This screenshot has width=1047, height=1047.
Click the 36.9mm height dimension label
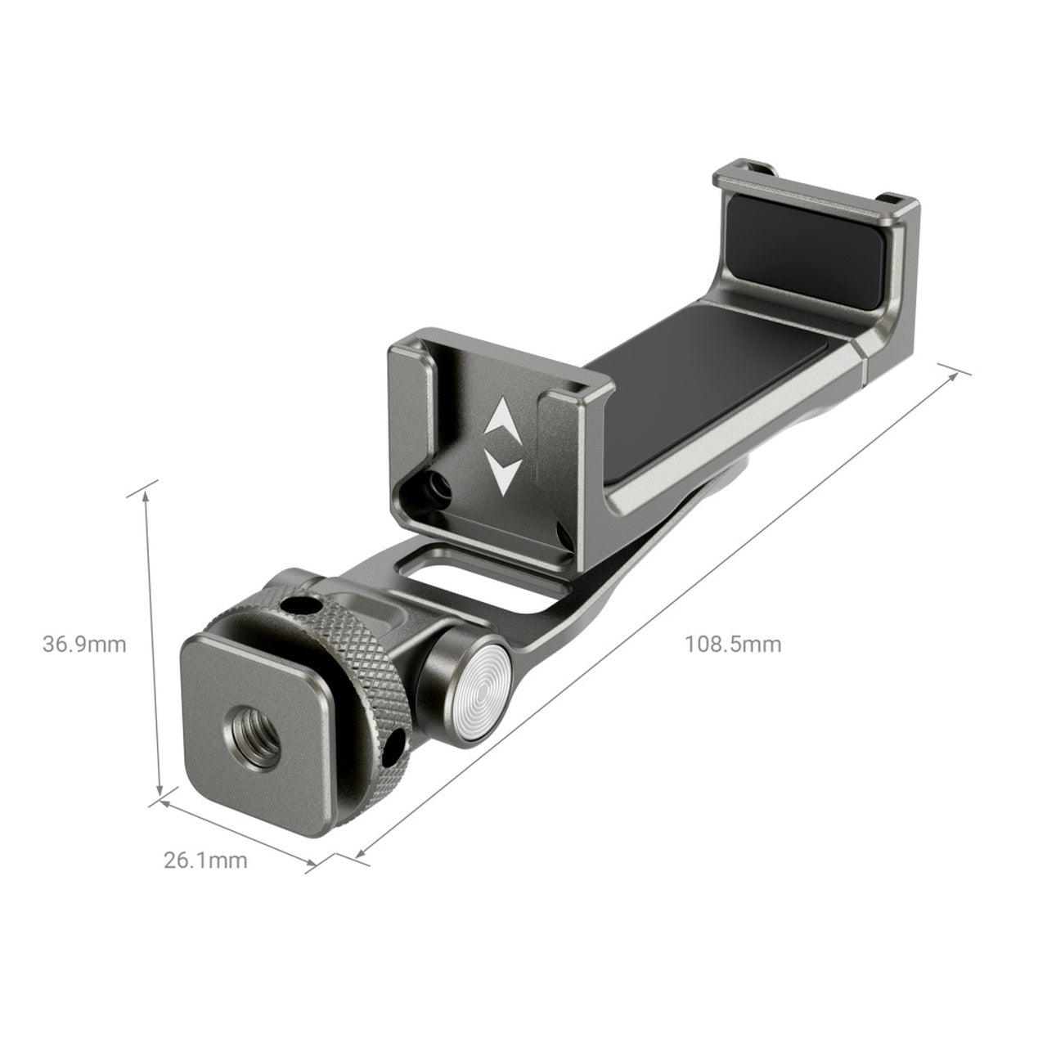pos(84,645)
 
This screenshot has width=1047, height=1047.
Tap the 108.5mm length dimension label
pos(733,645)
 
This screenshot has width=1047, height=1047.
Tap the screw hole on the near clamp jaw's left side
pos(440,489)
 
